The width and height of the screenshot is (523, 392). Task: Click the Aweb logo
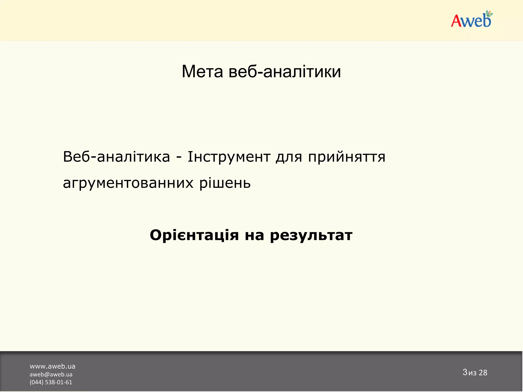(x=471, y=20)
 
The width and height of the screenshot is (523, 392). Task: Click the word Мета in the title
(x=202, y=71)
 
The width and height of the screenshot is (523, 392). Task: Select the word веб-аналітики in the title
(x=285, y=71)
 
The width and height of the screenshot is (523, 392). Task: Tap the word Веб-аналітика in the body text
(x=116, y=157)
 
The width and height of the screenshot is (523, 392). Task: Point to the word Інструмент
(x=229, y=157)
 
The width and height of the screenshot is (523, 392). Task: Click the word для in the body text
(x=289, y=157)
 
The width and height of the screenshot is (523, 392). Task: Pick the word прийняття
(x=347, y=157)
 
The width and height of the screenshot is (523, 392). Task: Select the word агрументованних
(x=128, y=183)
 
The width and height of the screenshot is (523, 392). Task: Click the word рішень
(x=225, y=183)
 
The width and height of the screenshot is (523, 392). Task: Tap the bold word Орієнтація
(x=194, y=235)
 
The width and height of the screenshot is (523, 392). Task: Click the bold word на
(x=254, y=235)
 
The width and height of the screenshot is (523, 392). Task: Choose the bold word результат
(x=311, y=236)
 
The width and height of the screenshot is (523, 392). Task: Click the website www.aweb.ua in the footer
(x=52, y=366)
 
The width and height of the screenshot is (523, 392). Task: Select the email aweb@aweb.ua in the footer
(x=51, y=374)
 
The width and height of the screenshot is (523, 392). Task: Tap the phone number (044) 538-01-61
(x=51, y=382)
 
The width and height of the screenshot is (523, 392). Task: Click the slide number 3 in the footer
(x=465, y=372)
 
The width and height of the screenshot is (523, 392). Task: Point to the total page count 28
(x=483, y=373)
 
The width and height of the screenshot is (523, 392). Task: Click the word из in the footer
(x=472, y=373)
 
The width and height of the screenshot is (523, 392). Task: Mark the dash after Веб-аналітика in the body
(x=179, y=157)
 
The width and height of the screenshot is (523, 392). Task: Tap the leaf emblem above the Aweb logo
(x=489, y=14)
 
